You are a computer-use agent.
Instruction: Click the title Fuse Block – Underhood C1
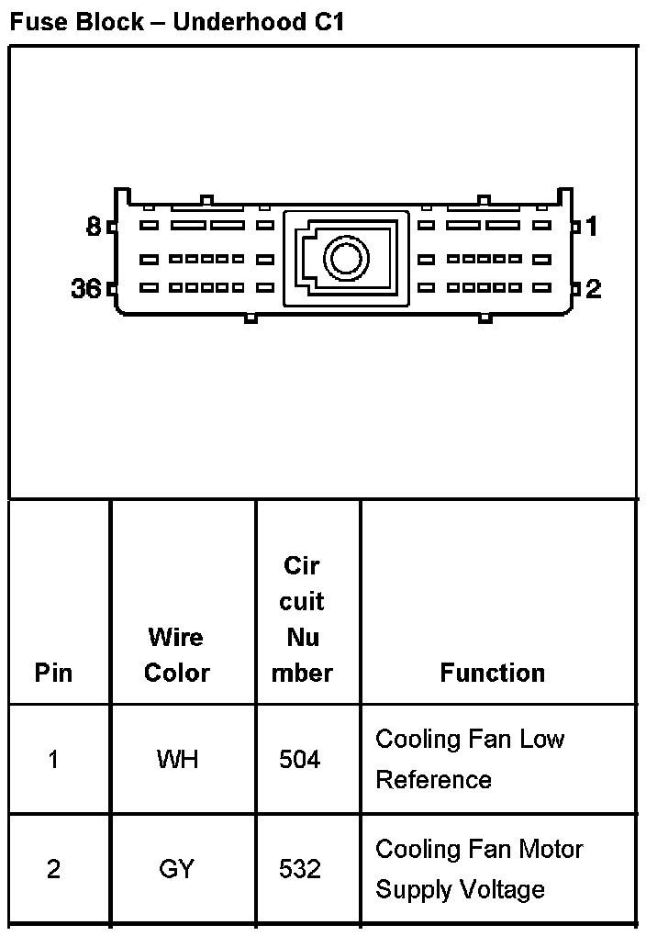(x=176, y=22)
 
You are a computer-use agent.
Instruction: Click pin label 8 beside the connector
(x=94, y=226)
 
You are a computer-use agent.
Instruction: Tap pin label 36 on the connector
(x=86, y=289)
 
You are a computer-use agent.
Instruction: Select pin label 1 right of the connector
(x=592, y=226)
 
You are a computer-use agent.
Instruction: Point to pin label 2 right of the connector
(x=594, y=289)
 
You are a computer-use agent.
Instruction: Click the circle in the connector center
(x=346, y=258)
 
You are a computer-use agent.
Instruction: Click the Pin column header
(x=53, y=673)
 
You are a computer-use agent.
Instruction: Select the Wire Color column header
(x=176, y=654)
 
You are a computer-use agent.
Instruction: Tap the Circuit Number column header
(x=302, y=619)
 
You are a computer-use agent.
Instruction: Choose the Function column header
(x=492, y=673)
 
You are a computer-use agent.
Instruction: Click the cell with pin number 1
(x=53, y=760)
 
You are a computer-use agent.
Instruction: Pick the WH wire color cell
(x=176, y=760)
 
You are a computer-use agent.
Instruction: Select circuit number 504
(x=300, y=760)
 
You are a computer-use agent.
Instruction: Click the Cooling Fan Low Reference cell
(x=470, y=759)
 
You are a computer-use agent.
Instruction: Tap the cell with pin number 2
(x=53, y=869)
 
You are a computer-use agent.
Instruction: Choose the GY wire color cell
(x=176, y=869)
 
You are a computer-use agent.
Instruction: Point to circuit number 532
(x=300, y=869)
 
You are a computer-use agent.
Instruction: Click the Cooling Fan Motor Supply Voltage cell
(x=479, y=869)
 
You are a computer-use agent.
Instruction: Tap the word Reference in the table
(x=433, y=780)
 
